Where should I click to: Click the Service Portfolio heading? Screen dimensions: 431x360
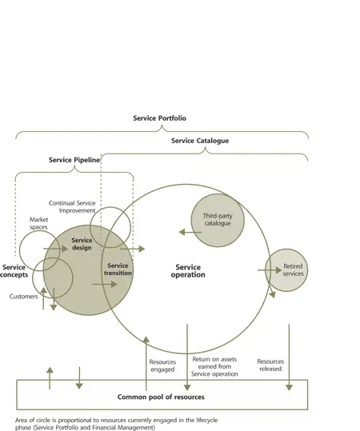point(159,118)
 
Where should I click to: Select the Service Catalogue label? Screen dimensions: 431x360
point(199,141)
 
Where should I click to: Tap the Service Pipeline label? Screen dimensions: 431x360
point(74,160)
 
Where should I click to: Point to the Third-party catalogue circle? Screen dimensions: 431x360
point(216,219)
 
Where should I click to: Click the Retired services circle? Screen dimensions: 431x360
point(286,269)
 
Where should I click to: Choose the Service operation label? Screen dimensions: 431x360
point(189,271)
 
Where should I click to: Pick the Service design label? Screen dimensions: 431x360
point(82,244)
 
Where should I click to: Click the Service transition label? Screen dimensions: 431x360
point(118,269)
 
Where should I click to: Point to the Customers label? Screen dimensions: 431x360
point(23,297)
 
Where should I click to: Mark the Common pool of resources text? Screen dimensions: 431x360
point(161,397)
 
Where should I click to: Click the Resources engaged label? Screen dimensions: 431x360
point(163,365)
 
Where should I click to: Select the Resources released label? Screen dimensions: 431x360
point(270,365)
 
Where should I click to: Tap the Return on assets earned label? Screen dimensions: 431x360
point(215,365)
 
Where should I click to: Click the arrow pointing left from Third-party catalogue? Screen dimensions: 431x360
point(190,232)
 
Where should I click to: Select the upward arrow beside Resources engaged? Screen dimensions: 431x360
point(146,352)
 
